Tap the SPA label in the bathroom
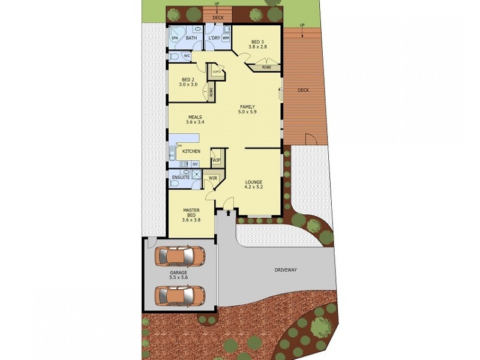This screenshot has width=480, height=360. (175, 38)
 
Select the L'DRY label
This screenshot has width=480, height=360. (214, 38)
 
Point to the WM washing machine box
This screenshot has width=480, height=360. (226, 38)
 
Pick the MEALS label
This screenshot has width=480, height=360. (195, 118)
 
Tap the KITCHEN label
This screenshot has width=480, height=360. (191, 152)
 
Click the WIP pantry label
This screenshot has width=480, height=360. (215, 160)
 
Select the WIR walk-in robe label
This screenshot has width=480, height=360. (212, 178)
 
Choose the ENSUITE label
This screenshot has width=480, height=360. (181, 178)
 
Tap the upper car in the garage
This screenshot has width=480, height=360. (179, 256)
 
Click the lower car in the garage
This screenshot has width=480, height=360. (179, 295)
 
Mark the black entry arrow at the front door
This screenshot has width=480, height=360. (227, 211)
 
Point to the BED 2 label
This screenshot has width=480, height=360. (188, 80)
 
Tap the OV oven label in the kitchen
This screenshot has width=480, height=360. (195, 164)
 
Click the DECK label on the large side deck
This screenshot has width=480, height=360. (303, 91)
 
